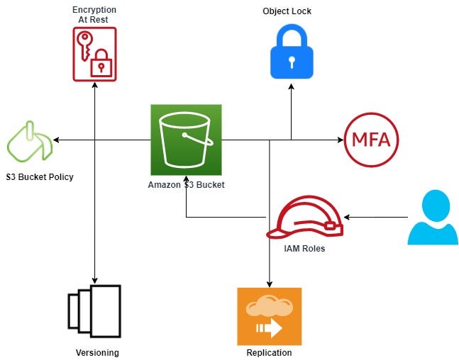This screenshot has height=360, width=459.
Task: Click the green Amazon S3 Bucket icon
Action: click(186, 139)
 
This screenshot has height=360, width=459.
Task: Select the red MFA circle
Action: click(370, 139)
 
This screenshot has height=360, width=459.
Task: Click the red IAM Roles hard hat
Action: click(304, 219)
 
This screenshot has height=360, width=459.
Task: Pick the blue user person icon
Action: click(432, 218)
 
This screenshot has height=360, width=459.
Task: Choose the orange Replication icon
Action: click(269, 316)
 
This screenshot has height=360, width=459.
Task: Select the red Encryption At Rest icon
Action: click(94, 55)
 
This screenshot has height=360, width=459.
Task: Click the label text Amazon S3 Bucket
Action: click(186, 185)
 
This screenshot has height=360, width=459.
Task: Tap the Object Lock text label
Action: click(287, 11)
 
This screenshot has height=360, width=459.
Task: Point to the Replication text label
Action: click(269, 352)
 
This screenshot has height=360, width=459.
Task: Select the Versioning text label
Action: click(97, 352)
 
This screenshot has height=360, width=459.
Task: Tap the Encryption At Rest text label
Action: click(94, 15)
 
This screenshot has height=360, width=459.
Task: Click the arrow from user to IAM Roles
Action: click(376, 215)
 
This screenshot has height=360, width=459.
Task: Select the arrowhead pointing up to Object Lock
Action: click(291, 87)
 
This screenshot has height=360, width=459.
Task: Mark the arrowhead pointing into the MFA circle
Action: click(338, 140)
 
